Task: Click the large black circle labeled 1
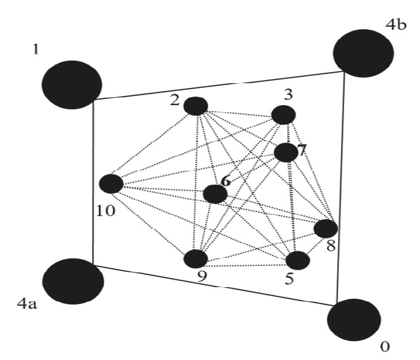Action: [72, 84]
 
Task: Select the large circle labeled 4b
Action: [362, 53]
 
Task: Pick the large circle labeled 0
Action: [354, 319]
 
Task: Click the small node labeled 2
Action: [195, 106]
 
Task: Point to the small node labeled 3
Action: [283, 115]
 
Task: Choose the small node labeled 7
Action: [286, 152]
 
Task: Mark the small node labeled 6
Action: [215, 194]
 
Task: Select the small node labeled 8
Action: [325, 229]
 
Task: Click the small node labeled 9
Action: [196, 259]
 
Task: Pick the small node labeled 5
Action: [297, 260]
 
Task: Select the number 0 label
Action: [384, 347]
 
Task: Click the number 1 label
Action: [35, 47]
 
